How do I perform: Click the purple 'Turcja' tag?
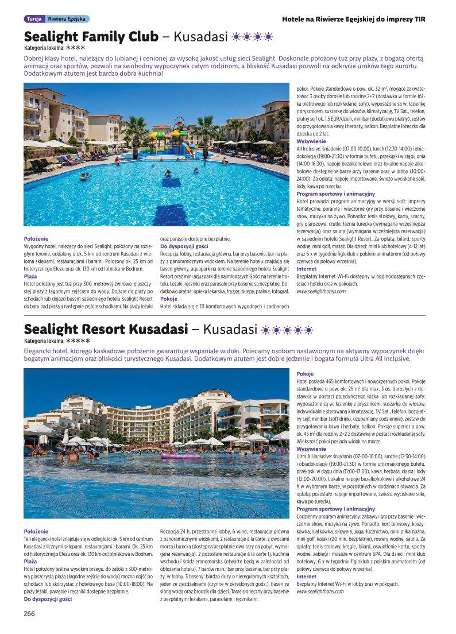click(x=32, y=19)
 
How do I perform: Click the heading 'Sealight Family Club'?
click(x=91, y=37)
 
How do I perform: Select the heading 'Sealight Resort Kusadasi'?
click(x=106, y=330)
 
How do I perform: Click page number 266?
click(x=30, y=613)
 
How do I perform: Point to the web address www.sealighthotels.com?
click(x=321, y=292)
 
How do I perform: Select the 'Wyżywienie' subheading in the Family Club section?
click(x=311, y=141)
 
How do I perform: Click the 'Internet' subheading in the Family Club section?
click(x=306, y=269)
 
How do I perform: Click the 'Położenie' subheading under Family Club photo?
click(x=36, y=238)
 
